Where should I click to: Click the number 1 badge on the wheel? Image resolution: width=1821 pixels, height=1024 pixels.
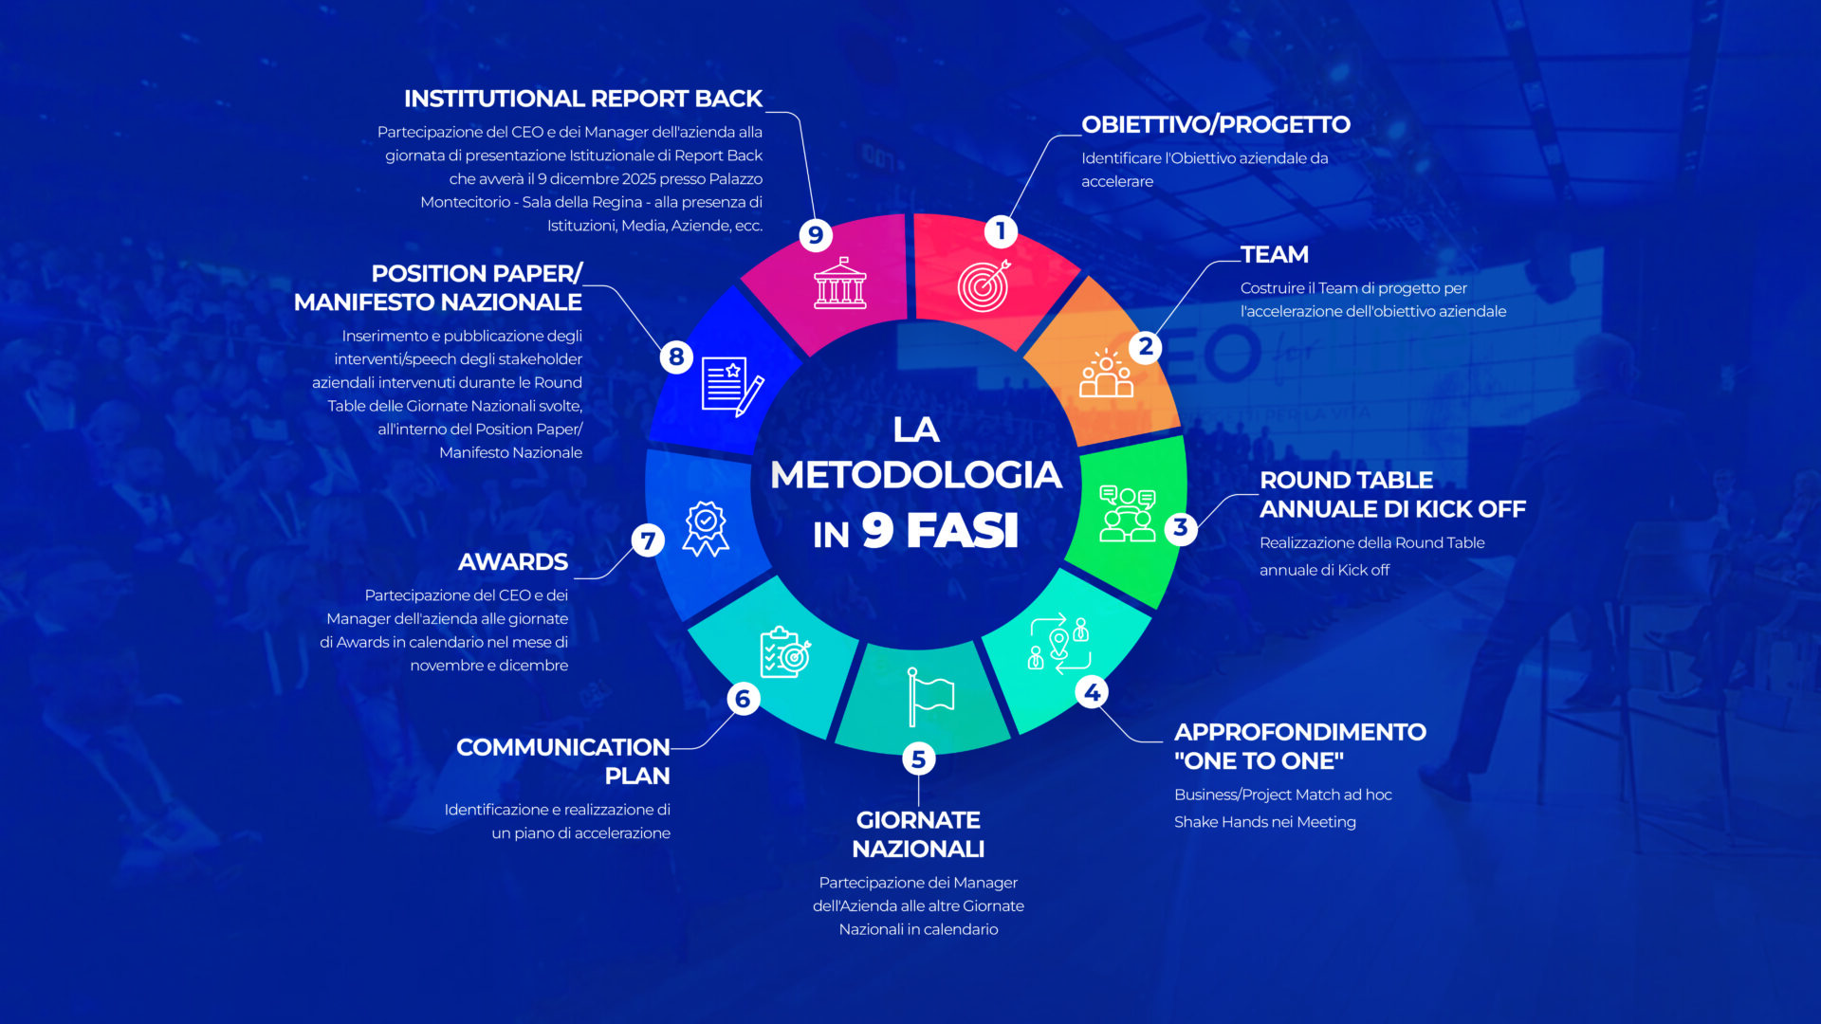click(1001, 230)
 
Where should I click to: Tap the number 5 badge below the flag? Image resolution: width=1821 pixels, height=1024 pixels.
click(918, 759)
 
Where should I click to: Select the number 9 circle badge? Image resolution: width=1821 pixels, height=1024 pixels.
click(816, 234)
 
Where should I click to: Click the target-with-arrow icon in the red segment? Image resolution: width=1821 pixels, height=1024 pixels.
click(984, 284)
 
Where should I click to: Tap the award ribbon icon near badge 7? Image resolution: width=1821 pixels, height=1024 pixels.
click(706, 528)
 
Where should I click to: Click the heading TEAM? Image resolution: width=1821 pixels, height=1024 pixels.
click(1274, 254)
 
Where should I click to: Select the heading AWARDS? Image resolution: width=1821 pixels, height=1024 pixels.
click(513, 561)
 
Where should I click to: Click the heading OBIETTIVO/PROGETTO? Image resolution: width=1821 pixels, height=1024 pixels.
click(1215, 124)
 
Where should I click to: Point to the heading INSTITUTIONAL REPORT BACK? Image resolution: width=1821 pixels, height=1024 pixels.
click(582, 99)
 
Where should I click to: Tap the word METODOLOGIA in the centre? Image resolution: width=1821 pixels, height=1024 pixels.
click(915, 475)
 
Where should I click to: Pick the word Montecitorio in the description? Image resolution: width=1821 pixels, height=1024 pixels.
click(465, 202)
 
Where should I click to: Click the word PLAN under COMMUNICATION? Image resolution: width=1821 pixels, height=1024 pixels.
click(637, 776)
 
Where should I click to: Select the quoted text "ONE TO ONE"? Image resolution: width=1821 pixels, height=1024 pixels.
click(1259, 760)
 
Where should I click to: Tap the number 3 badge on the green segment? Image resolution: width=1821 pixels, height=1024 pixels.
click(1180, 527)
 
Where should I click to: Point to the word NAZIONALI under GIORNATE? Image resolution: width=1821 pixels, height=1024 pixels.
click(918, 849)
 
